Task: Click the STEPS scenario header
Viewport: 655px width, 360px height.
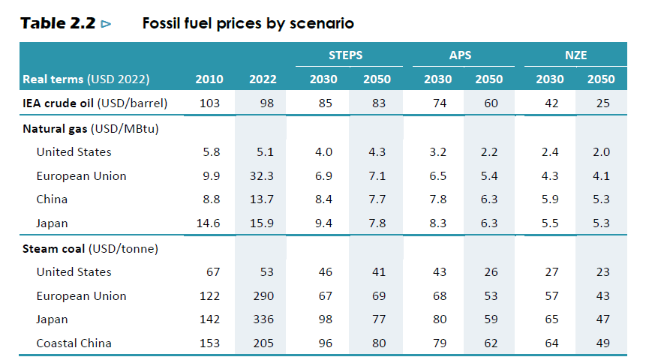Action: click(345, 55)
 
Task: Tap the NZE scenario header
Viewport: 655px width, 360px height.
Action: click(575, 55)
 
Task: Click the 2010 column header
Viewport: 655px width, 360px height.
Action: click(209, 79)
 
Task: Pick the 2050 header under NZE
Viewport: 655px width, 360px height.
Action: click(601, 79)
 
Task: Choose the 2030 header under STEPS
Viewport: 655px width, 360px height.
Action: click(324, 79)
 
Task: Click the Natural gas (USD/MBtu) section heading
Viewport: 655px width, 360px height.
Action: click(90, 127)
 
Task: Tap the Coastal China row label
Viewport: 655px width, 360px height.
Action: click(74, 343)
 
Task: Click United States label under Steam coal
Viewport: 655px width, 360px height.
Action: click(74, 271)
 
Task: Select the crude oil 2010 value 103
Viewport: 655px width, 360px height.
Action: click(210, 103)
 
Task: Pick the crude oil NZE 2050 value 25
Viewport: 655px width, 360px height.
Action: click(603, 103)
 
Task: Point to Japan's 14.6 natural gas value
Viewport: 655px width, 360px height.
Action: click(208, 223)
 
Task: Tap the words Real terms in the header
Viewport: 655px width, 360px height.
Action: click(53, 79)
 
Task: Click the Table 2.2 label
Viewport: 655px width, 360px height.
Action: click(59, 23)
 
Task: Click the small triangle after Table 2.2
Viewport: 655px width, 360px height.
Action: click(106, 24)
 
